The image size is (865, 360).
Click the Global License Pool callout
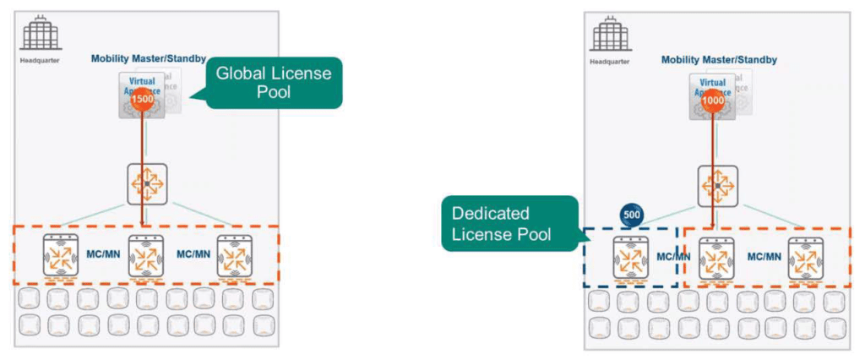click(274, 82)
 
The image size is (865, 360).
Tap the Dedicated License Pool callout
click(509, 223)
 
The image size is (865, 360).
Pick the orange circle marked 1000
click(710, 101)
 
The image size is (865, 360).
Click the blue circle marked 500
click(631, 214)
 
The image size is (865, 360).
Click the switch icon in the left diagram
click(146, 183)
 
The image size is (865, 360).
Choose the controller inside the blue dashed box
click(628, 258)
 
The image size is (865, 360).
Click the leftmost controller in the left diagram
click(60, 256)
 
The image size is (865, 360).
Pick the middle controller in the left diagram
click(145, 256)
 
